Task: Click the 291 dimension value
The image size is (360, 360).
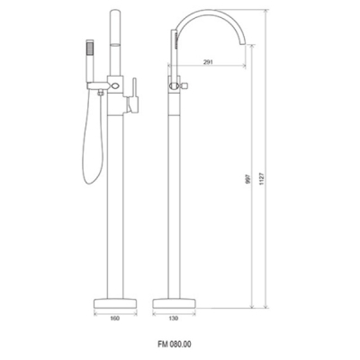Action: (208, 62)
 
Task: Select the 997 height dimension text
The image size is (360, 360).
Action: (248, 178)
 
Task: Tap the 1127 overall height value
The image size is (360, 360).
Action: (262, 178)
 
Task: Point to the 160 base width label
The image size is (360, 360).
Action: (115, 318)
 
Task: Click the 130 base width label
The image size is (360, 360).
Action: (174, 318)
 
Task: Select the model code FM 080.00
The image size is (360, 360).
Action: (175, 344)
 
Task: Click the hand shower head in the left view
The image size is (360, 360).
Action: (90, 48)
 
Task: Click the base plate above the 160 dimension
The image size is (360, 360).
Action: (116, 303)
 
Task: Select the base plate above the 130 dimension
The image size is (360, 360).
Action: (175, 303)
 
